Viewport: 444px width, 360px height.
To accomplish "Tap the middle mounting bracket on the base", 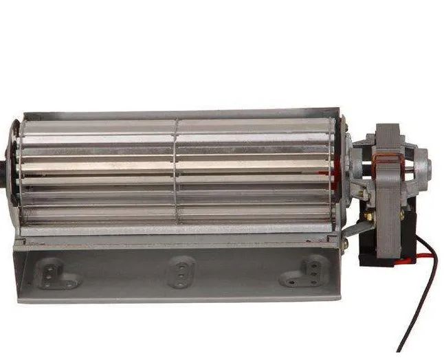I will pyautogui.click(x=181, y=271).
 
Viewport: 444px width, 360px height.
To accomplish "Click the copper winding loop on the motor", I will pyautogui.click(x=388, y=162).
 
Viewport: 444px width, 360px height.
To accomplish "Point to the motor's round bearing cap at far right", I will pyautogui.click(x=424, y=165).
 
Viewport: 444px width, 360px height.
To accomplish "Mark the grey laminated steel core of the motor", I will pyautogui.click(x=389, y=199).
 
